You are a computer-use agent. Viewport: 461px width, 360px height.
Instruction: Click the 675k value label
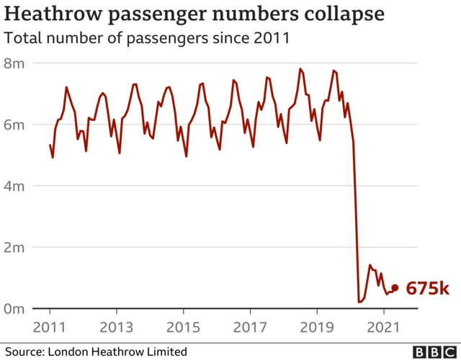(x=428, y=288)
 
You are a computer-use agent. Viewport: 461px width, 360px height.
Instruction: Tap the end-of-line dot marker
(x=394, y=288)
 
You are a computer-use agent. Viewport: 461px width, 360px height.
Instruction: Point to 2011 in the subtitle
(x=272, y=37)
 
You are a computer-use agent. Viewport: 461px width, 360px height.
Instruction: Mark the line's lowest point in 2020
(x=359, y=302)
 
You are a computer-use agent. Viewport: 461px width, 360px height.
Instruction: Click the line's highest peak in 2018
(x=300, y=69)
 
